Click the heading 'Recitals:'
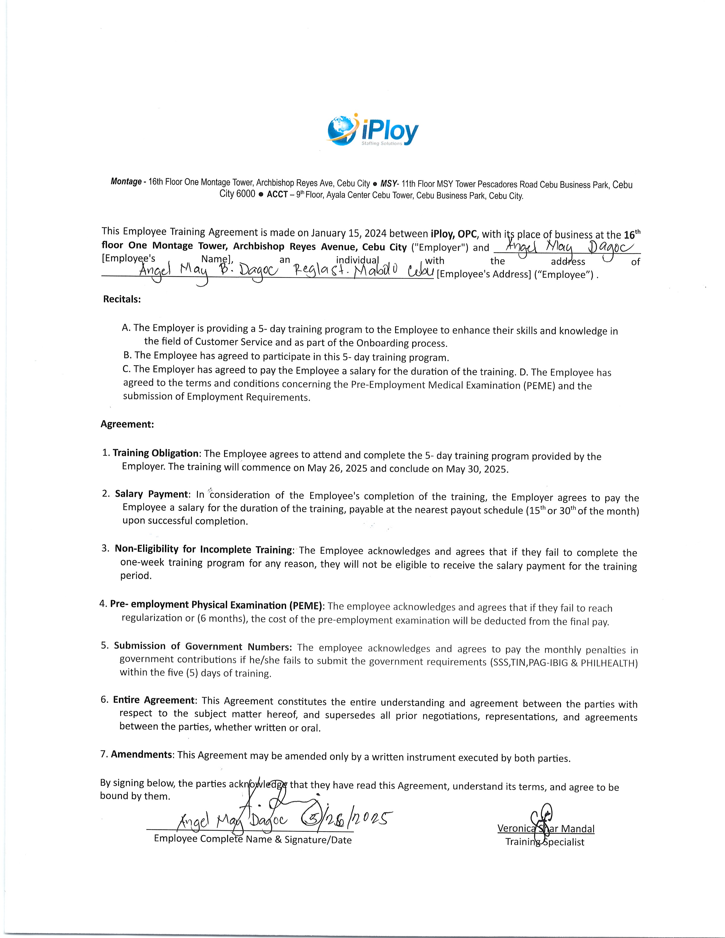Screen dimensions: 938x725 click(x=122, y=299)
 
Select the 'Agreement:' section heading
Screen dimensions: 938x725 click(x=127, y=424)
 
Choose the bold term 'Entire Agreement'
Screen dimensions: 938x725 click(x=154, y=700)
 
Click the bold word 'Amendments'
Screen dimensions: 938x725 click(x=142, y=755)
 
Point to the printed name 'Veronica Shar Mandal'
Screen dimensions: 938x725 click(x=546, y=829)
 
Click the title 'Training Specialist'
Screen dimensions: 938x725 click(x=545, y=842)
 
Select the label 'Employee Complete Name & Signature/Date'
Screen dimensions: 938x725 click(x=252, y=840)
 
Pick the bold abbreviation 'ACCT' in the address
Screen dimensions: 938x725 click(x=277, y=194)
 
